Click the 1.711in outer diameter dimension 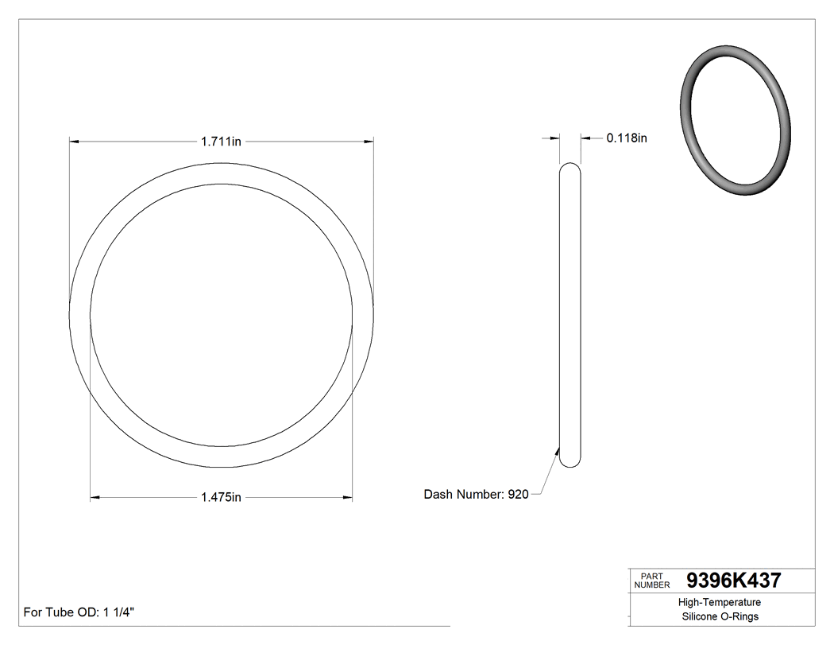[221, 142]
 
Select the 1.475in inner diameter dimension [221, 498]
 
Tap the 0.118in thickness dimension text [627, 138]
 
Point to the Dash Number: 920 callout [476, 494]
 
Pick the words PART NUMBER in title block [652, 581]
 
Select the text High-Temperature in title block [720, 603]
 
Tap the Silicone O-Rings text [720, 617]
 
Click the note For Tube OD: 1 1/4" [79, 612]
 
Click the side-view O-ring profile [570, 314]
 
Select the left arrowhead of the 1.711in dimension [75, 142]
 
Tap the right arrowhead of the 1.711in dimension [369, 142]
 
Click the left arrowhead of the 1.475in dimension [95, 498]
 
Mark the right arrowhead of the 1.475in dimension [347, 498]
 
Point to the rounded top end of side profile [570, 169]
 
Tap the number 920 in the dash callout [518, 494]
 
